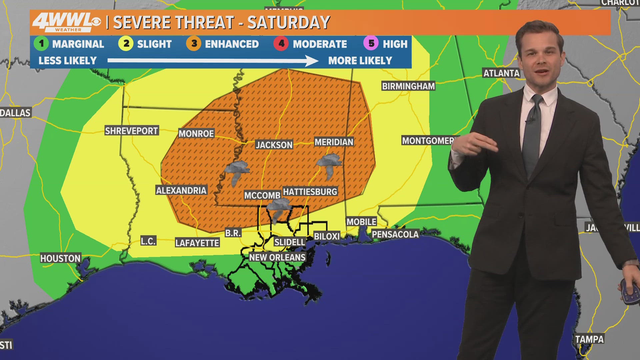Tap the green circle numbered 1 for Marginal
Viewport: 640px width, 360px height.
(x=41, y=44)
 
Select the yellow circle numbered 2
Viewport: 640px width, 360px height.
(x=126, y=44)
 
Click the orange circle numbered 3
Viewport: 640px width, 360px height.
(x=194, y=44)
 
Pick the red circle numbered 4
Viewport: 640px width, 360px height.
(x=281, y=44)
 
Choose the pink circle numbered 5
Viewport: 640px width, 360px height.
(x=371, y=44)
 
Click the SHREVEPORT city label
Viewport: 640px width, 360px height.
(x=131, y=131)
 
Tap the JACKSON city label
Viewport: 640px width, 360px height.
(x=274, y=145)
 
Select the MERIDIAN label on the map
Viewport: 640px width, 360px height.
(x=334, y=142)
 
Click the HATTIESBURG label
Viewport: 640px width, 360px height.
(x=310, y=192)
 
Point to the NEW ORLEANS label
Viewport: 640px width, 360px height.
(x=277, y=257)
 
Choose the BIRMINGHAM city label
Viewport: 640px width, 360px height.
(x=408, y=86)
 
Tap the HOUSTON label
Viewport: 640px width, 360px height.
(x=60, y=258)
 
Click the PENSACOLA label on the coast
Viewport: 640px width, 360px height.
(x=395, y=234)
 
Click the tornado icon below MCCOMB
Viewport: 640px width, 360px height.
(x=278, y=210)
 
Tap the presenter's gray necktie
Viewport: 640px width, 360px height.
(x=532, y=133)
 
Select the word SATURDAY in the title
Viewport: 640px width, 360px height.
(x=288, y=23)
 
